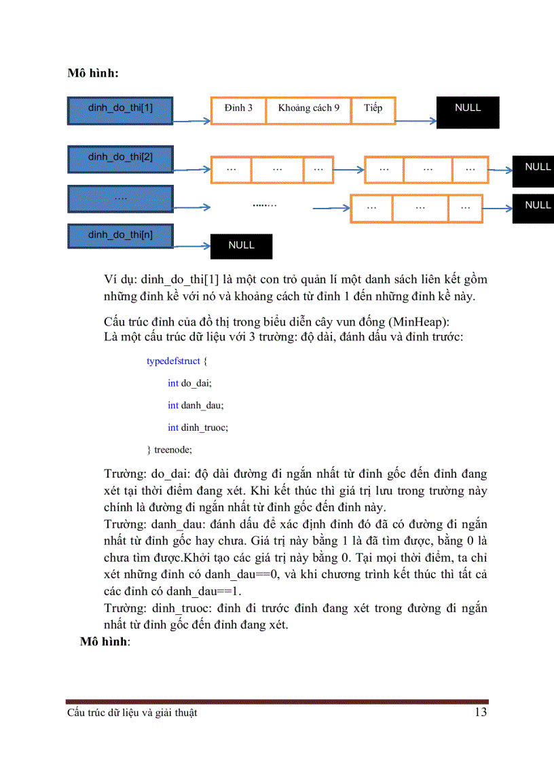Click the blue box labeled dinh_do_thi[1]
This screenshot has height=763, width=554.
[x=120, y=108]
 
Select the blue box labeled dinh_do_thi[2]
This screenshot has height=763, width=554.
[x=120, y=158]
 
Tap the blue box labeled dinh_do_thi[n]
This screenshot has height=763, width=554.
[x=120, y=235]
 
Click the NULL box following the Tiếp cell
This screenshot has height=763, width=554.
[x=468, y=112]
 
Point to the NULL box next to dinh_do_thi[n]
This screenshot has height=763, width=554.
[x=241, y=246]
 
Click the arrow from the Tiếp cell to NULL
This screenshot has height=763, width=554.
[x=415, y=122]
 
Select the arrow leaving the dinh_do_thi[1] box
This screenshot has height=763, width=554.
[x=192, y=122]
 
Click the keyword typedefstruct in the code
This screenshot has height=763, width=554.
[x=173, y=361]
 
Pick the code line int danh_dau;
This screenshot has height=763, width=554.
[x=196, y=405]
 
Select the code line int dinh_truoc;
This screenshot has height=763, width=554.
[x=198, y=427]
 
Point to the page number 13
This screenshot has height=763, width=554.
[x=480, y=712]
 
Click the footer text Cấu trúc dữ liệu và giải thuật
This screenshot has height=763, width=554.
[x=132, y=713]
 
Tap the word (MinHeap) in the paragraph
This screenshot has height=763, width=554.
[x=415, y=321]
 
